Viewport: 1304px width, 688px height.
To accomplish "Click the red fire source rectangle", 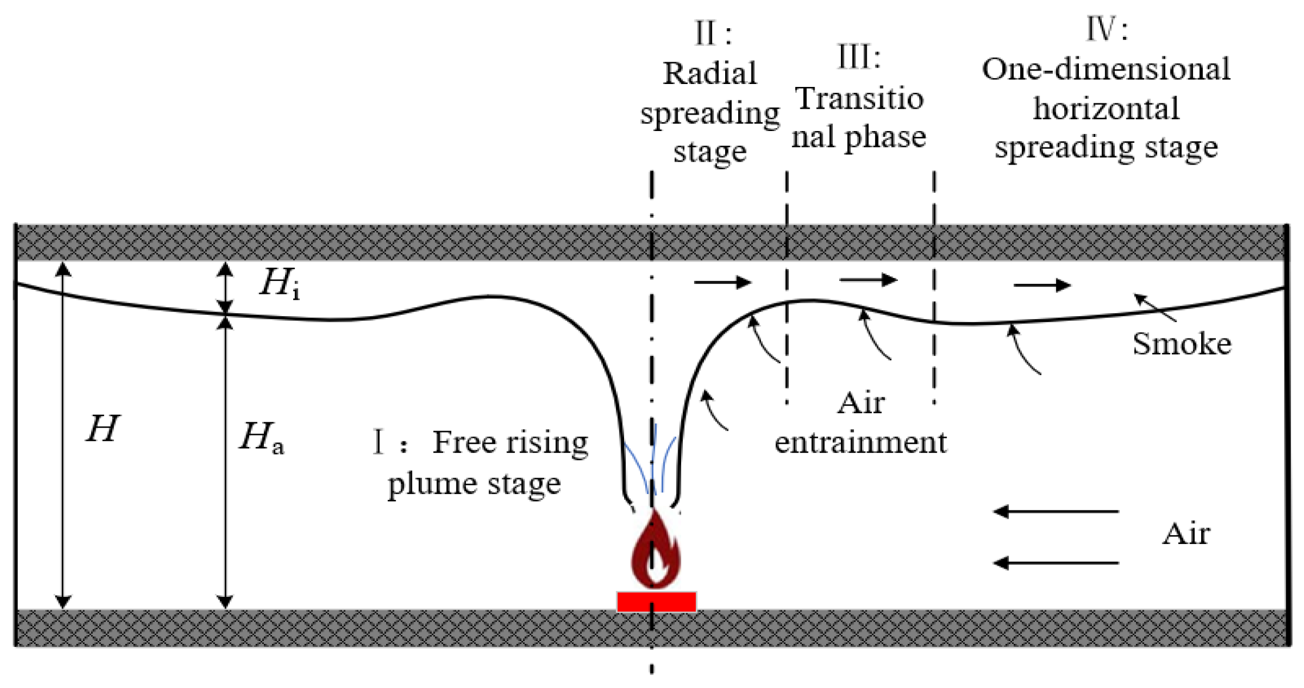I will (656, 602).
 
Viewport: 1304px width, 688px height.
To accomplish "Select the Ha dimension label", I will (262, 438).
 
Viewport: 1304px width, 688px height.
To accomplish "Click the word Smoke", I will (1181, 344).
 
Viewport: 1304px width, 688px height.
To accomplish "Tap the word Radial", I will (710, 74).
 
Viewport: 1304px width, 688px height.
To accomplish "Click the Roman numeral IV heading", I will (1106, 29).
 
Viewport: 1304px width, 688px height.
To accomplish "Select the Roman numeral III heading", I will (859, 58).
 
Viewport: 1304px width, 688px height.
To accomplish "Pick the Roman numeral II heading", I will (712, 33).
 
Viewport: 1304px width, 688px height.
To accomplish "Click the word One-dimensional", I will (1105, 69).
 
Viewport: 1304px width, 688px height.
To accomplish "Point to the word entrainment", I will (860, 442).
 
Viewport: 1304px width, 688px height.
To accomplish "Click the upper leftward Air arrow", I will (1056, 512).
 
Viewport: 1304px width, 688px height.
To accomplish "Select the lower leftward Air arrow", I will (1056, 563).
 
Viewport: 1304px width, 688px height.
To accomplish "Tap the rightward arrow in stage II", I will (722, 283).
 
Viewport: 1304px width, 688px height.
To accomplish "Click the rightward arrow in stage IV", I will (1042, 286).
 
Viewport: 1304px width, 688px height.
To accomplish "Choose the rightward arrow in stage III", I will (868, 280).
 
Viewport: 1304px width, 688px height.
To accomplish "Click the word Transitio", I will (859, 99).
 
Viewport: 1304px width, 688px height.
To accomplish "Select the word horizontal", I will (1106, 109).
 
